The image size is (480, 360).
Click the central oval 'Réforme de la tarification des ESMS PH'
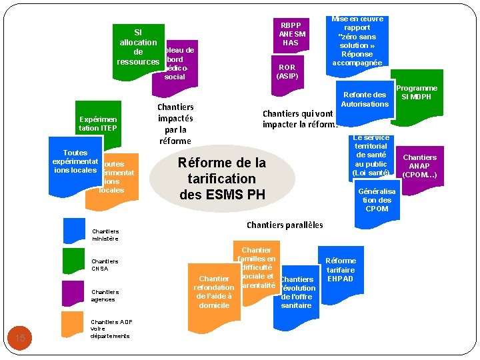click(x=222, y=179)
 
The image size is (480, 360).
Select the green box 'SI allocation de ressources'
click(x=138, y=47)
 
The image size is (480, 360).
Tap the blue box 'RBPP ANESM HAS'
click(x=291, y=33)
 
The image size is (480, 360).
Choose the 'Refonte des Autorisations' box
click(x=365, y=99)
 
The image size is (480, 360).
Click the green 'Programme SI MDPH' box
click(x=417, y=93)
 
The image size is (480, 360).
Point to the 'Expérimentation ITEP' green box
click(x=97, y=123)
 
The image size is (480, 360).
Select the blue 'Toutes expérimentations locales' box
click(x=75, y=161)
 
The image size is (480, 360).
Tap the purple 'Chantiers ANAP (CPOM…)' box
click(x=419, y=167)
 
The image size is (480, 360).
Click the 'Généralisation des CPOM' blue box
click(x=377, y=200)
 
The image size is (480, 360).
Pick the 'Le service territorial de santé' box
click(x=371, y=155)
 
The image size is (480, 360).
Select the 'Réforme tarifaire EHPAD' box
click(x=340, y=270)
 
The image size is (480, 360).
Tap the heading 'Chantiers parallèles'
click(x=285, y=225)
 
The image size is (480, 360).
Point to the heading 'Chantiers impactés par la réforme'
click(x=175, y=123)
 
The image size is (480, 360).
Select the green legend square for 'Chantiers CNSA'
click(x=74, y=261)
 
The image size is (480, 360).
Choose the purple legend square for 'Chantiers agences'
click(x=74, y=293)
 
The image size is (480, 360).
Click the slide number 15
click(x=20, y=339)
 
